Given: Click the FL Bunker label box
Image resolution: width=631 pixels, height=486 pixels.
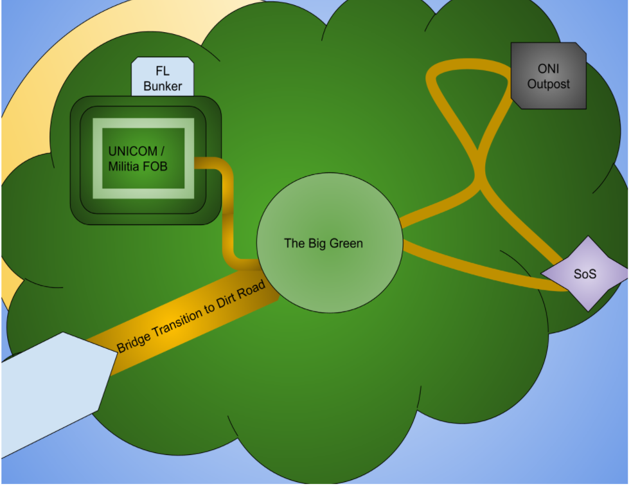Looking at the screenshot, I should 163,77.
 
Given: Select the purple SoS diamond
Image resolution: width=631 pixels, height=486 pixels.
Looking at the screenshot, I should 585,273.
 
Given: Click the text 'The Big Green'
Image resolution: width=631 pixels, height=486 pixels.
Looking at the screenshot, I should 323,243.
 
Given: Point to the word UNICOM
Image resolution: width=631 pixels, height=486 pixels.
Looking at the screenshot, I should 132,151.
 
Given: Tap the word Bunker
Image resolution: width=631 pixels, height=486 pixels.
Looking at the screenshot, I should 163,85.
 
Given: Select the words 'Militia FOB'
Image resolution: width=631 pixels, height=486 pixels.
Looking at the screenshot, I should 138,166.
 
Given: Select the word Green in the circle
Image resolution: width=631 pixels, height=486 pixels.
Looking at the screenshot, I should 348,243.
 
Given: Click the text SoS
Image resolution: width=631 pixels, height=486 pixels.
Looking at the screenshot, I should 585,274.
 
